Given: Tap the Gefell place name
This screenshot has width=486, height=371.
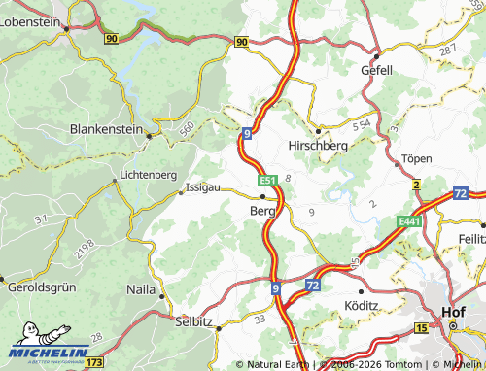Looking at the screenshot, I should pos(376,70).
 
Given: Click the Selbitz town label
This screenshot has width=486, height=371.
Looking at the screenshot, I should pos(193,320).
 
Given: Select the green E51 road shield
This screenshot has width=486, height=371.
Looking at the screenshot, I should pos(268,181).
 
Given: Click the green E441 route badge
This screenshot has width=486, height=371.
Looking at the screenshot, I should pos(408,223).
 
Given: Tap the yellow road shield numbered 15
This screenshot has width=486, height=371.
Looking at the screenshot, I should pos(420,329).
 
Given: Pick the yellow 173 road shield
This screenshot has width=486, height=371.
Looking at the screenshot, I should pos(94,361).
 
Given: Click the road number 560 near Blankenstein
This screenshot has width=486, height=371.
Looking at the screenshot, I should pos(186,126).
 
